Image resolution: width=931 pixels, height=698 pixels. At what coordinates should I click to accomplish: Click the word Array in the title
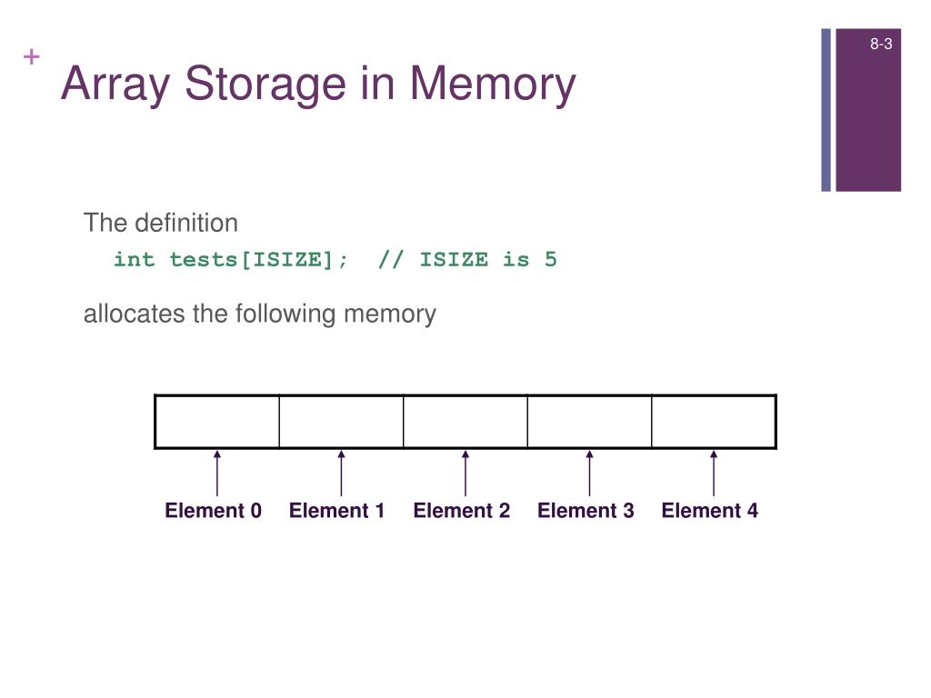click(117, 85)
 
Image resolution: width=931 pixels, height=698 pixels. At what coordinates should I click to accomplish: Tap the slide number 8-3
click(880, 44)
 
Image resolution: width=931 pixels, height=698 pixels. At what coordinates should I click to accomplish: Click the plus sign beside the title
click(33, 57)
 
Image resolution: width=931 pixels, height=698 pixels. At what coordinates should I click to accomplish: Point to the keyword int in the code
click(134, 260)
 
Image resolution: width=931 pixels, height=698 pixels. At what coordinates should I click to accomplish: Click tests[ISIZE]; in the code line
click(259, 260)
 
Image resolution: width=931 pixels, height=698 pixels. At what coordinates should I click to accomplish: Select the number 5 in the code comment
click(550, 260)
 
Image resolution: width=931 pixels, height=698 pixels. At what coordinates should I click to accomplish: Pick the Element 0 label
click(213, 511)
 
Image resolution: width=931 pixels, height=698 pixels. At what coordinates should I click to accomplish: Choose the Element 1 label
click(337, 511)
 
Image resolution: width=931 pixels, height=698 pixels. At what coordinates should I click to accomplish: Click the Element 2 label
click(462, 511)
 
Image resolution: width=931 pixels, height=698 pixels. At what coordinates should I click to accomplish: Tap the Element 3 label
click(586, 511)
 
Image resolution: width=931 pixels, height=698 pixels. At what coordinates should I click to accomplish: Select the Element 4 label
click(710, 511)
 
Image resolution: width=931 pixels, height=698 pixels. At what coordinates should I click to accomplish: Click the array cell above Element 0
click(217, 422)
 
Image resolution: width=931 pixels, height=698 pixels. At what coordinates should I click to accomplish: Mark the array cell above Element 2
click(465, 422)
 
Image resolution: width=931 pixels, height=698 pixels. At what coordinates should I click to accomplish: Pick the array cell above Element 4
click(714, 422)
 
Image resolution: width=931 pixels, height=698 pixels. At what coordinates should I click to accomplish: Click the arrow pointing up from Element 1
click(341, 473)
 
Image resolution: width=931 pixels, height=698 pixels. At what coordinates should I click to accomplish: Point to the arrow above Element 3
click(589, 473)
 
